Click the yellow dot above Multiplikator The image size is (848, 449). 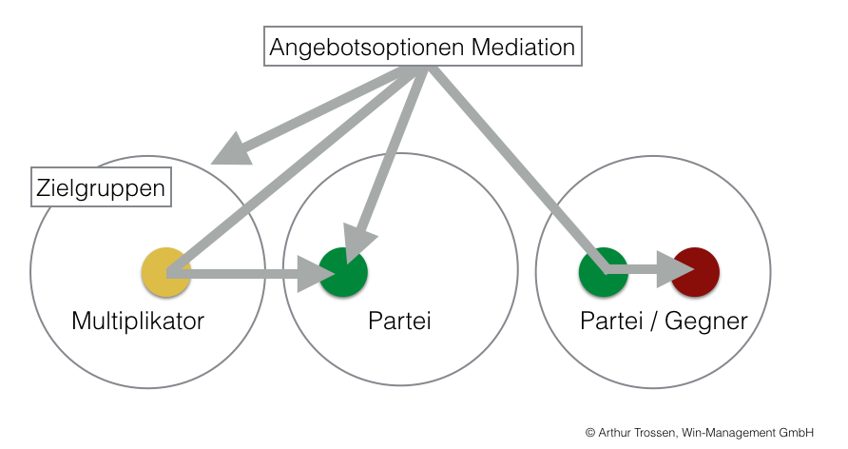(166, 272)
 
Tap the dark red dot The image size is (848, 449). (696, 272)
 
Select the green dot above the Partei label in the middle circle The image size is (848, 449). (343, 272)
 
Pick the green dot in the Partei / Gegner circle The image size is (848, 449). (603, 272)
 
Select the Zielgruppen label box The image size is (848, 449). (100, 188)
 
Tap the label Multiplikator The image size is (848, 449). (138, 322)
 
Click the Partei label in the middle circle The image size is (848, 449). (399, 322)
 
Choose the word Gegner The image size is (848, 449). (705, 322)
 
